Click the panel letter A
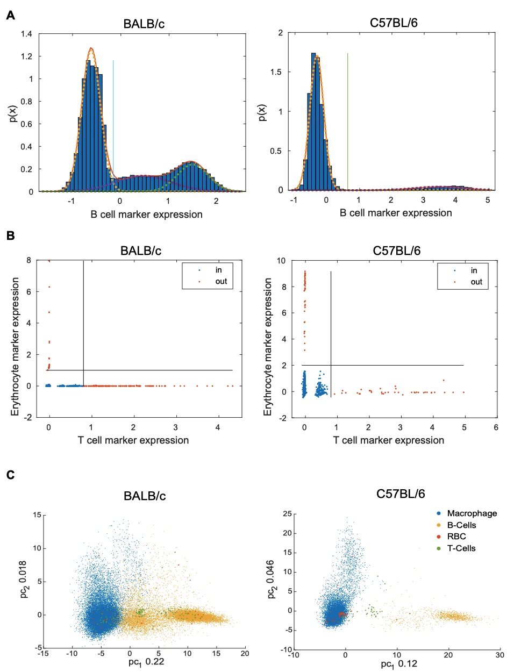[10, 16]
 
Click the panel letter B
[10, 235]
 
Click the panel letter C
[10, 475]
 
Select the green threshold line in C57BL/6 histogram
[348, 118]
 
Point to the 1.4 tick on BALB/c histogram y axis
[27, 34]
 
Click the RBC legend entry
[455, 537]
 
